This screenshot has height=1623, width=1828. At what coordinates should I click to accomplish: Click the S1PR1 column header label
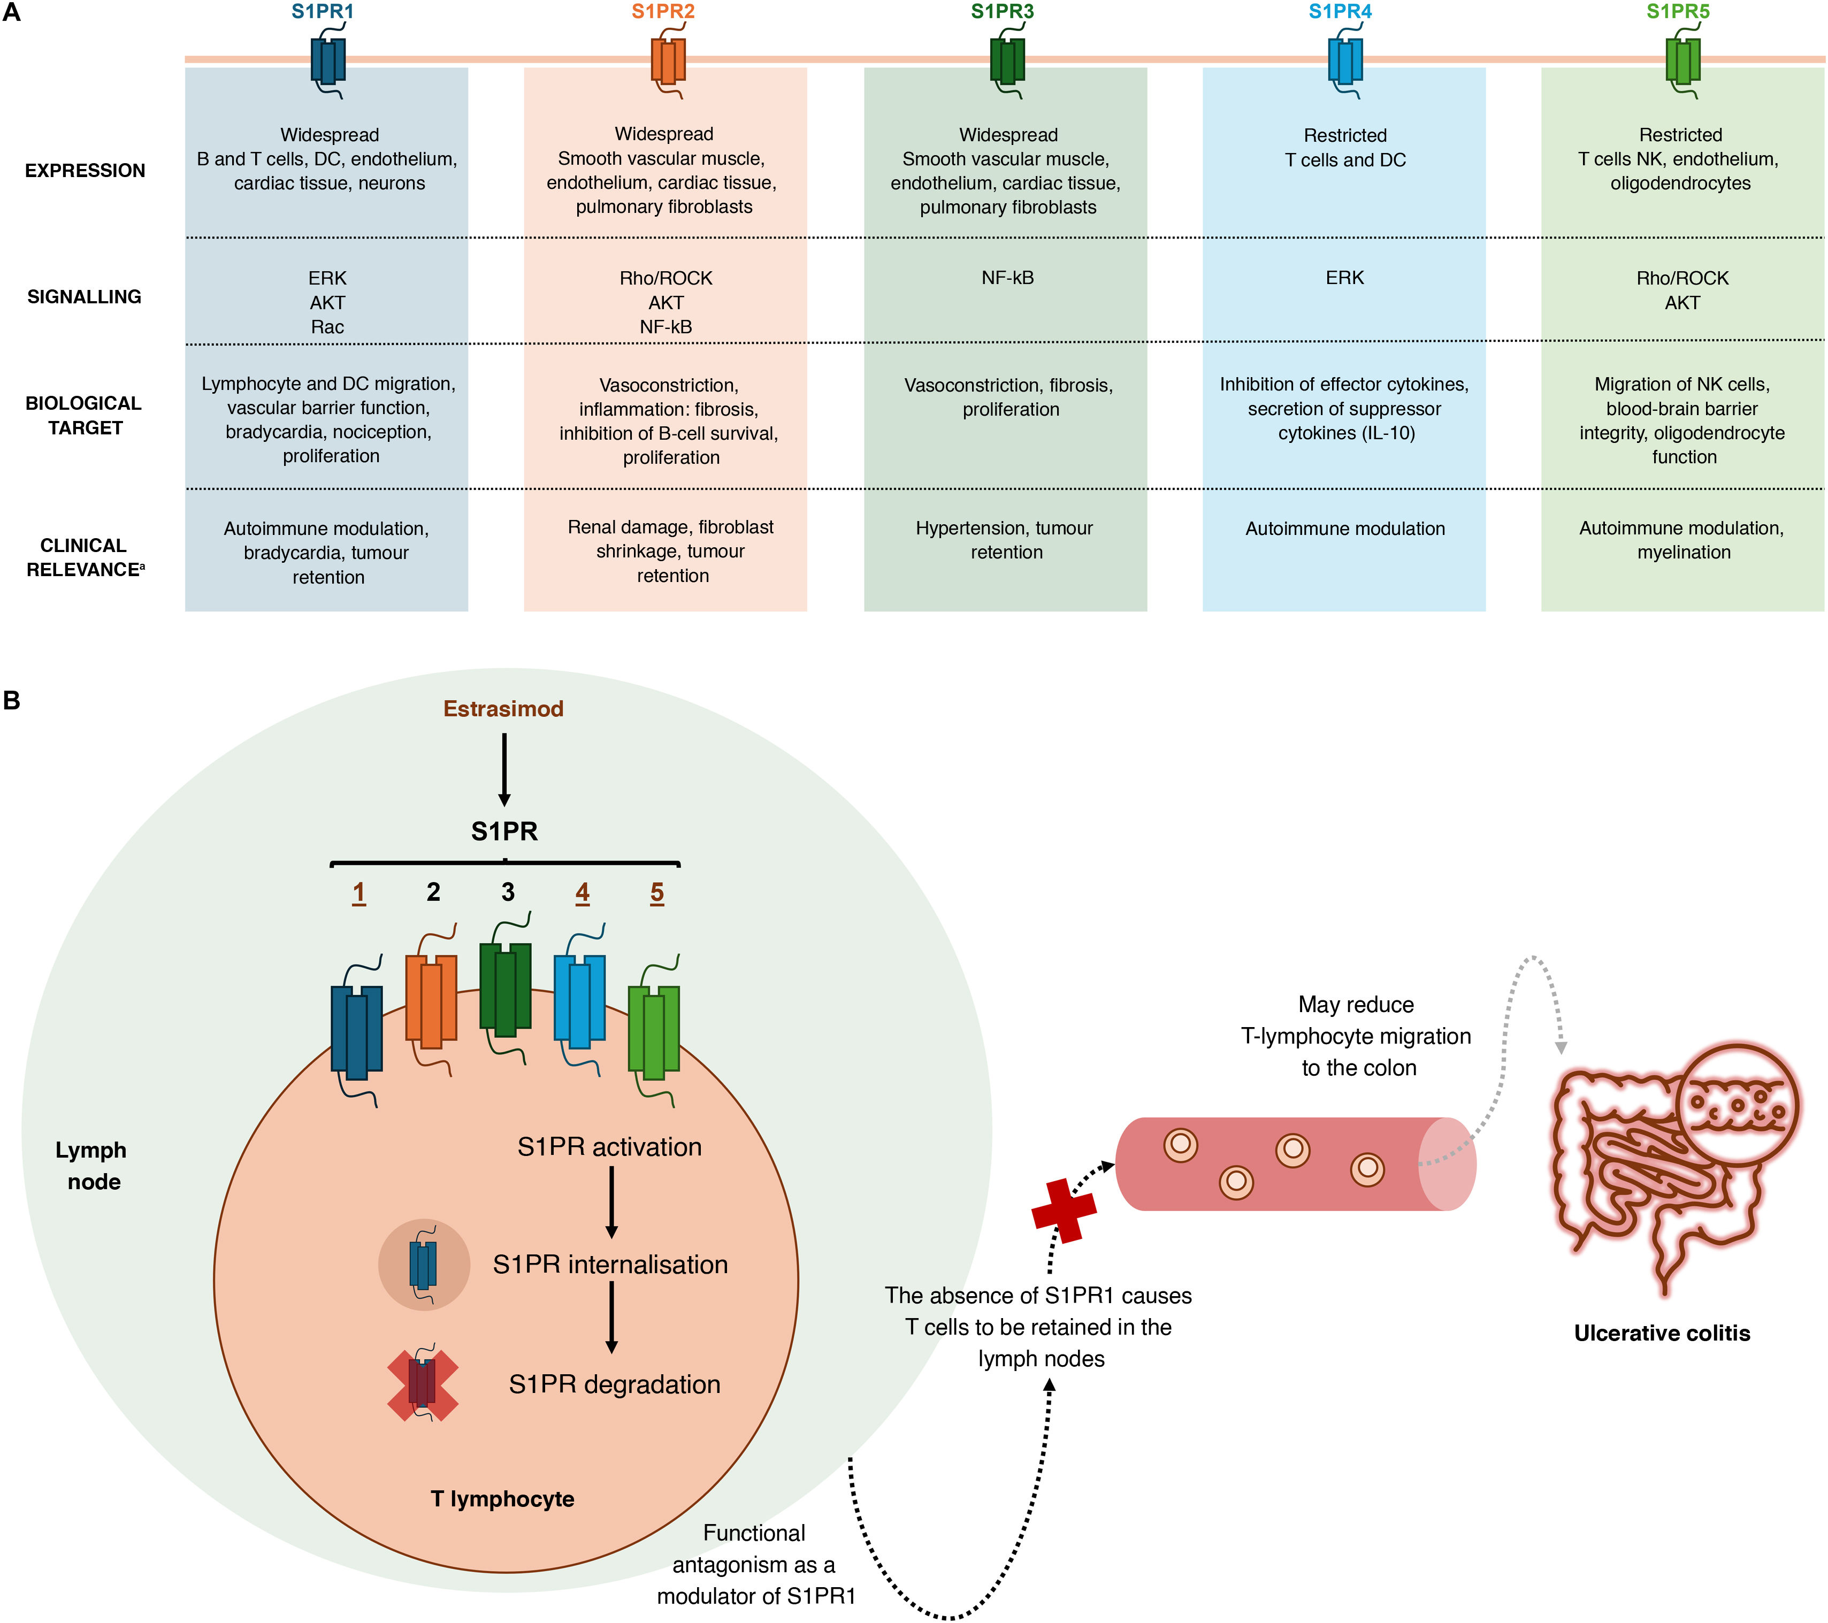[322, 12]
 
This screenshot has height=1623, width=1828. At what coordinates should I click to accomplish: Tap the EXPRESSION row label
[85, 171]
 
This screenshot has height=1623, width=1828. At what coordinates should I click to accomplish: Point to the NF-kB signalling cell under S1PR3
[1007, 278]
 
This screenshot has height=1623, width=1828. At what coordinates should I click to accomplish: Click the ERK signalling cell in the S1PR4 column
[1344, 278]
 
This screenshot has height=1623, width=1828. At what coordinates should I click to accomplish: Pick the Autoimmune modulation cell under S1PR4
[1344, 529]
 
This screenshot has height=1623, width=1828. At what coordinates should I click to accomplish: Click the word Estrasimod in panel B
[503, 709]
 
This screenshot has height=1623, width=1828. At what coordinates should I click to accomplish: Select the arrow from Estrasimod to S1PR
[504, 769]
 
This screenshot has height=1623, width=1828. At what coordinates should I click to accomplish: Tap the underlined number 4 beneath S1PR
[582, 892]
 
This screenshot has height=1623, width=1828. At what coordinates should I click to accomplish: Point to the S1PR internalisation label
[610, 1265]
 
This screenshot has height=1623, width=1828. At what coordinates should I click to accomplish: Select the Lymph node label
[92, 1166]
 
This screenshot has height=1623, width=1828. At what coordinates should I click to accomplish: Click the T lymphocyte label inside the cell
[503, 1499]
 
